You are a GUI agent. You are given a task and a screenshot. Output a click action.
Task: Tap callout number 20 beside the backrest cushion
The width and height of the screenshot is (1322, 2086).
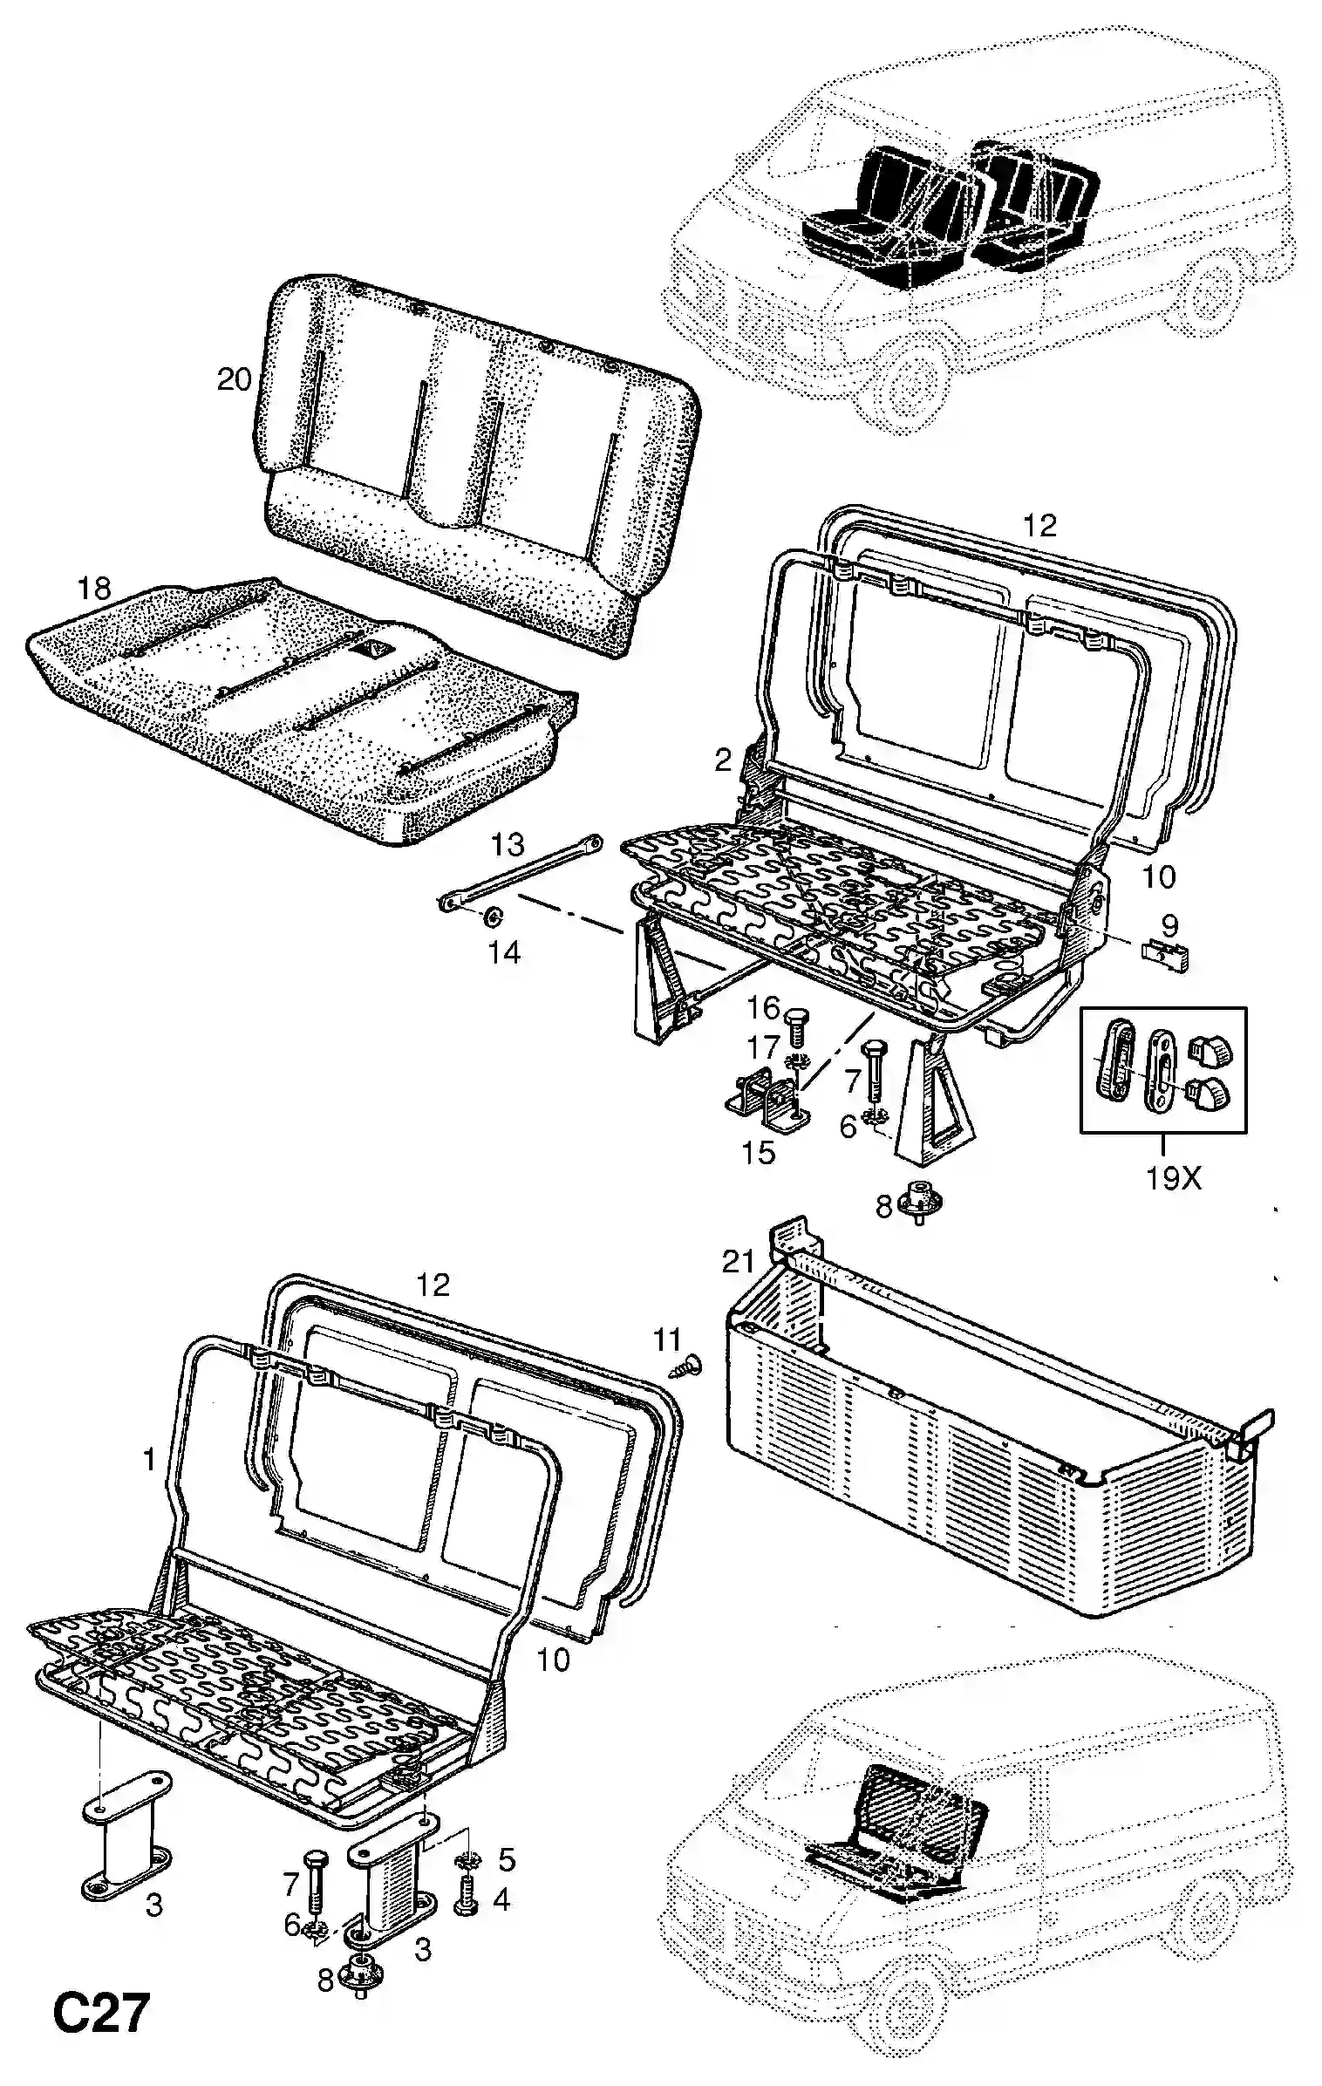coord(234,380)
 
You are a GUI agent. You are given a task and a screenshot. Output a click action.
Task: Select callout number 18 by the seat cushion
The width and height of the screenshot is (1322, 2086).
coord(94,589)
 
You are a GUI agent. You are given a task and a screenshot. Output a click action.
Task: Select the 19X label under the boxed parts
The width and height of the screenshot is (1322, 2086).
coord(1173,1179)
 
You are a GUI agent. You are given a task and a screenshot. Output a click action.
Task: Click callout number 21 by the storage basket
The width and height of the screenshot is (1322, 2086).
coord(738,1261)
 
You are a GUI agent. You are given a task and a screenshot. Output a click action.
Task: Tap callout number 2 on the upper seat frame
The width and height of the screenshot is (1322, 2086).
coord(723,760)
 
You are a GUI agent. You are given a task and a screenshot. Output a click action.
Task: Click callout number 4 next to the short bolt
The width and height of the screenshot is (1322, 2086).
coord(501,1899)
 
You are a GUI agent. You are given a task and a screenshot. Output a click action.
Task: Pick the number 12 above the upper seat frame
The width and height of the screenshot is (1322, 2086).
coord(1040,525)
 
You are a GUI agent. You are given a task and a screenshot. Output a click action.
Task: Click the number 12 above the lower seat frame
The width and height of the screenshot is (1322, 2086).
coord(433,1285)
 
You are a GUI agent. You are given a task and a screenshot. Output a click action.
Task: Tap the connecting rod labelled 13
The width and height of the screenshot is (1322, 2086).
coord(520,875)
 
